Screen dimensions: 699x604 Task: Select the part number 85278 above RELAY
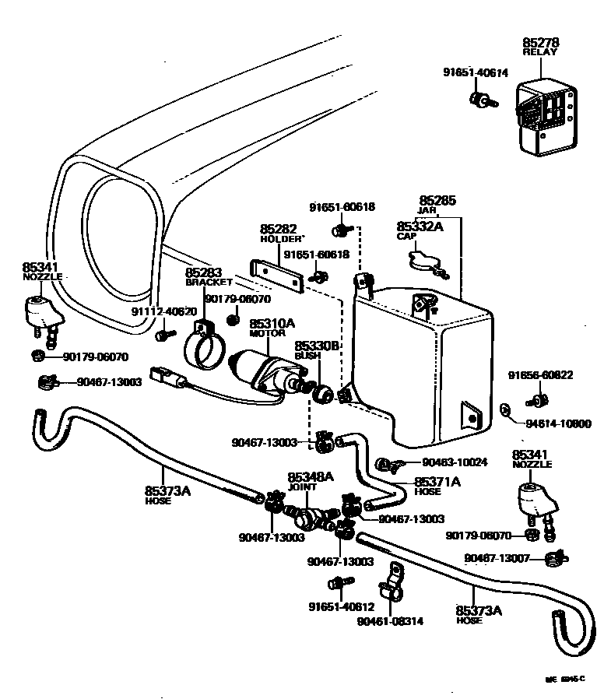click(x=541, y=42)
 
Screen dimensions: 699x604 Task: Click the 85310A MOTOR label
click(x=272, y=326)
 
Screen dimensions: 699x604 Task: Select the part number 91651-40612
click(x=341, y=607)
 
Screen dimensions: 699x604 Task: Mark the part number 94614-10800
click(x=557, y=423)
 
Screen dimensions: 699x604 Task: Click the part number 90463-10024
click(x=455, y=462)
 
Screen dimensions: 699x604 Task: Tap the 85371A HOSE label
click(x=436, y=486)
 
